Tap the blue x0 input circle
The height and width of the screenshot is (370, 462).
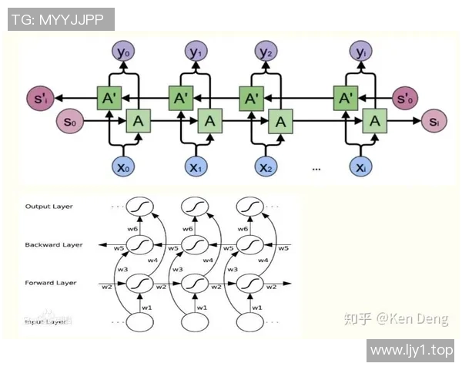pyautogui.click(x=123, y=166)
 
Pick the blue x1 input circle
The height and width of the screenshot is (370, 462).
pyautogui.click(x=195, y=166)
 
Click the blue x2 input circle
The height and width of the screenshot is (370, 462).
pyautogui.click(x=266, y=166)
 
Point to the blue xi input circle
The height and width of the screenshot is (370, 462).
pyautogui.click(x=360, y=166)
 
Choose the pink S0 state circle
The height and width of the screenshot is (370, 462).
pyautogui.click(x=70, y=121)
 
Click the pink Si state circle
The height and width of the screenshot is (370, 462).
pyautogui.click(x=434, y=121)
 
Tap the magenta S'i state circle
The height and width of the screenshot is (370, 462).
pyautogui.click(x=38, y=99)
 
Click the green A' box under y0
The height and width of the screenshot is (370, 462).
pyautogui.click(x=109, y=99)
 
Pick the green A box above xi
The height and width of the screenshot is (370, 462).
pyautogui.click(x=374, y=121)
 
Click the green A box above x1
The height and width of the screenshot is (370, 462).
pyautogui.click(x=209, y=121)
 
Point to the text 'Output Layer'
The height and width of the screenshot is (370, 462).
pyautogui.click(x=48, y=207)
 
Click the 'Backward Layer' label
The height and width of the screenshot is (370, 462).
pyautogui.click(x=53, y=244)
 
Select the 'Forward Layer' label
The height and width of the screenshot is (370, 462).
pyautogui.click(x=51, y=283)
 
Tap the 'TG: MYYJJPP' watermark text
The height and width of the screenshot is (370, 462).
pyautogui.click(x=61, y=19)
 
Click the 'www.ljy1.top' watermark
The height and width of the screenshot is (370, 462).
pyautogui.click(x=412, y=351)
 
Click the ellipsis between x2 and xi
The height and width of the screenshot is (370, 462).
pyautogui.click(x=316, y=167)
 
